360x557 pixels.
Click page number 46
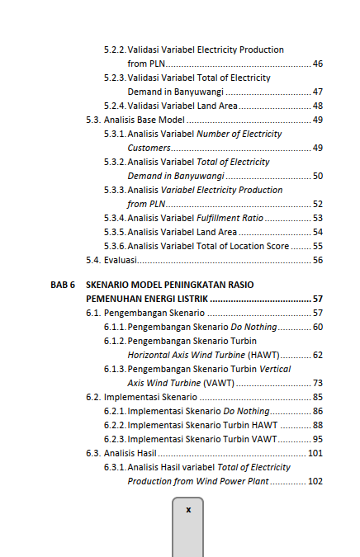pyautogui.click(x=317, y=64)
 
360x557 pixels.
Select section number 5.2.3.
pyautogui.click(x=115, y=78)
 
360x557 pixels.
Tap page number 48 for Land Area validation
pyautogui.click(x=317, y=106)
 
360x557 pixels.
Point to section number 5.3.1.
pyautogui.click(x=115, y=134)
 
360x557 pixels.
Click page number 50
pyautogui.click(x=317, y=176)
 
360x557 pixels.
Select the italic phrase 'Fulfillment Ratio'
pyautogui.click(x=230, y=218)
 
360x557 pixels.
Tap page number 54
pyautogui.click(x=317, y=232)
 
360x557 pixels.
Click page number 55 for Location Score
pyautogui.click(x=317, y=246)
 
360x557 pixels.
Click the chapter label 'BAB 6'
pyautogui.click(x=62, y=285)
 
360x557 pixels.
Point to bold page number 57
pyautogui.click(x=317, y=299)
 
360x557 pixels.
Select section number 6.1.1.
pyautogui.click(x=115, y=327)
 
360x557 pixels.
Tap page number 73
pyautogui.click(x=317, y=383)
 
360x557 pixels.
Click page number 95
pyautogui.click(x=317, y=439)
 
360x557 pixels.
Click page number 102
pyautogui.click(x=315, y=481)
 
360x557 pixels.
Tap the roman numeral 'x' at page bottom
pyautogui.click(x=187, y=510)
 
